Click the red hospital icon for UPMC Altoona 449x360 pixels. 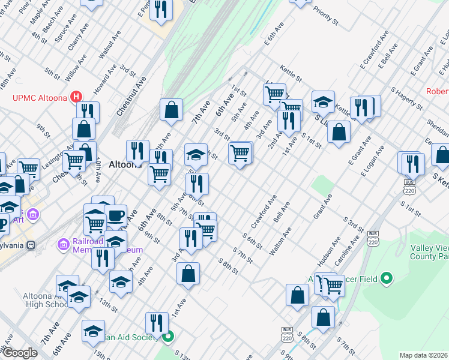tap(76, 95)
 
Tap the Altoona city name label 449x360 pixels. tap(125, 163)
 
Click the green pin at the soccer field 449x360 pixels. tap(387, 278)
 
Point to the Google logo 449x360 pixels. tap(20, 353)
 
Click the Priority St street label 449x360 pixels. tap(325, 16)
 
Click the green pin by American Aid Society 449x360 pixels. tap(169, 337)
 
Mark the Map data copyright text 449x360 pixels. tap(424, 355)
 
